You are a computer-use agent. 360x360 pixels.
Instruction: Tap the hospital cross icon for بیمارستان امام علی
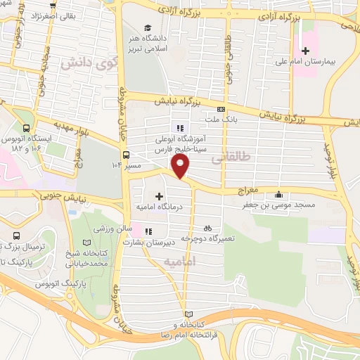click(x=305, y=50)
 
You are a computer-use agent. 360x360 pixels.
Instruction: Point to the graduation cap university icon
click(x=148, y=27)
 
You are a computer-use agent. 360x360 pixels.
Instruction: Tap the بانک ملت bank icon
click(x=221, y=109)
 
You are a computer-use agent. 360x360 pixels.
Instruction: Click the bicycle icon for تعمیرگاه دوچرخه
click(x=207, y=228)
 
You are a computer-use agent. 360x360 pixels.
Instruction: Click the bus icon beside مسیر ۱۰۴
click(x=126, y=155)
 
